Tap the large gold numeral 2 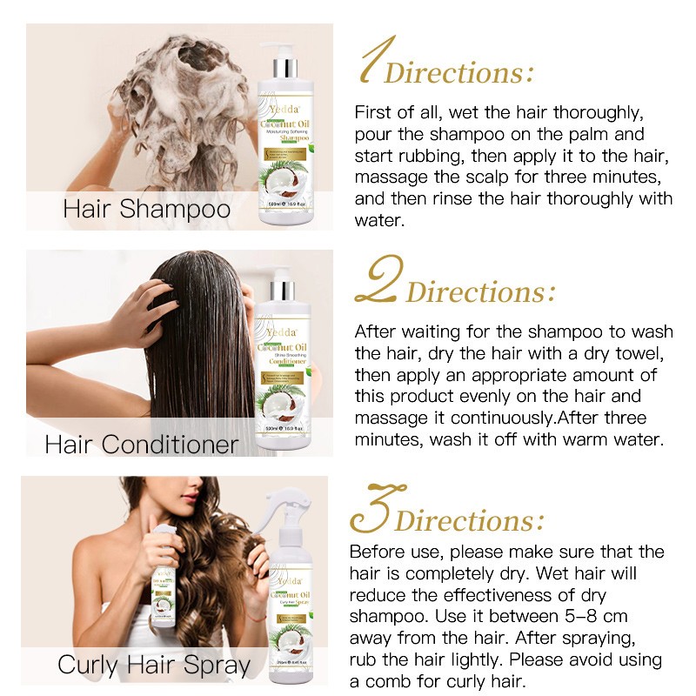click(379, 278)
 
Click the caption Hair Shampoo click(147, 210)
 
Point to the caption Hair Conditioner click(142, 445)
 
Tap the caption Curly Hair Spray click(154, 666)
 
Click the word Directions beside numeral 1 click(459, 72)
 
